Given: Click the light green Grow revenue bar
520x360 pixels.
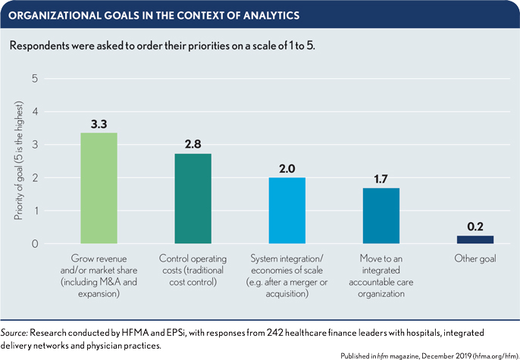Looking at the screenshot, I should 99,188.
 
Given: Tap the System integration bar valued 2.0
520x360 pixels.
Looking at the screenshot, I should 287,211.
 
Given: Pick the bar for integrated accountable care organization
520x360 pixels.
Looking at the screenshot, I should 381,216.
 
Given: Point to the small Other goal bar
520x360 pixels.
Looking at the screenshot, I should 475,239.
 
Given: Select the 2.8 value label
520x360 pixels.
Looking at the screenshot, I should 193,142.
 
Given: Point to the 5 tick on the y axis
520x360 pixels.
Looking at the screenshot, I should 34,79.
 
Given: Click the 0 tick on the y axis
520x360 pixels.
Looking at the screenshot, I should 34,244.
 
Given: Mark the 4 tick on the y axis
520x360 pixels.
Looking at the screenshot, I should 34,112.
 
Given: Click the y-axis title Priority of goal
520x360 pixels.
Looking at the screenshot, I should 17,161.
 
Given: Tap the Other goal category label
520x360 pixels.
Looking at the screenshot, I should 475,261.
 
